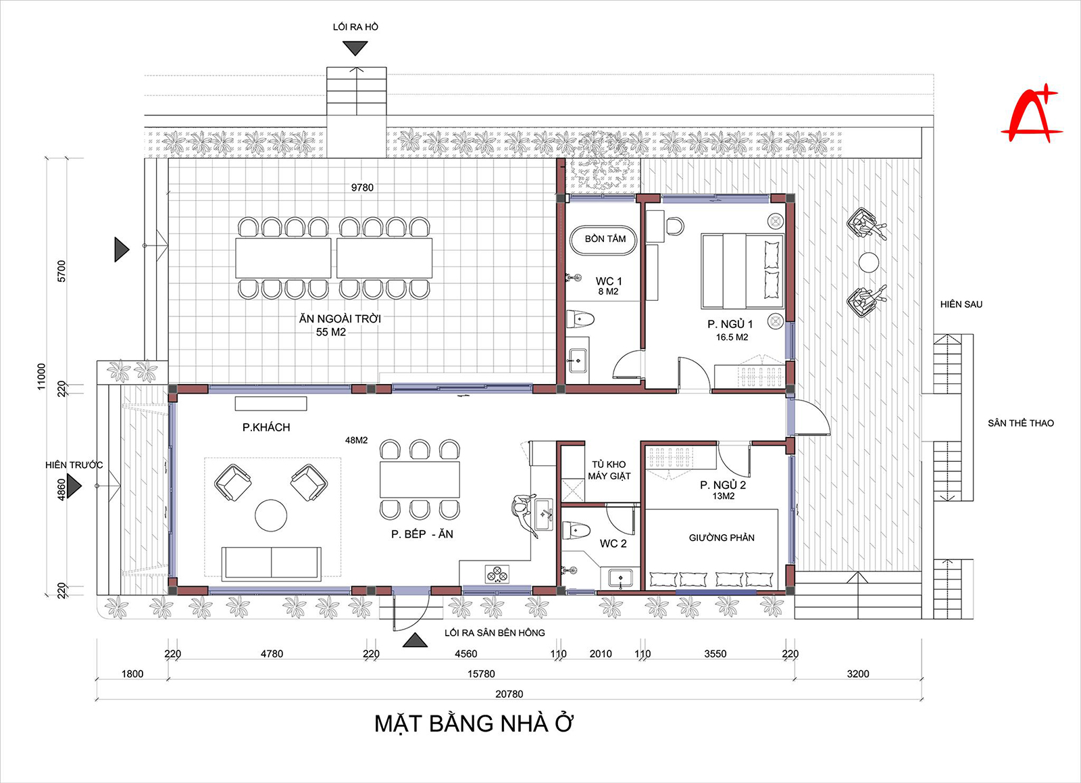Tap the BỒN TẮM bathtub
click(605, 239)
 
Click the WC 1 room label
click(609, 281)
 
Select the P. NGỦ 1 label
click(730, 325)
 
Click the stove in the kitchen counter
click(497, 575)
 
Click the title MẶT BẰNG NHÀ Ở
click(474, 723)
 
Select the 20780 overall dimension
click(509, 694)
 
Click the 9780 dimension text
click(362, 187)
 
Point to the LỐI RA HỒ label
click(355, 27)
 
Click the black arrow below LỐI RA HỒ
click(355, 48)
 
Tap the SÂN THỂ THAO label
click(1020, 423)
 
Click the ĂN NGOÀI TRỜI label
click(340, 318)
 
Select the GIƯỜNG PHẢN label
click(722, 538)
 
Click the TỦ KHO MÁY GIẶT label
click(609, 470)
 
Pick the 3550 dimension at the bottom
click(715, 654)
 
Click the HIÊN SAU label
click(961, 304)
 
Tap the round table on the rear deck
click(869, 262)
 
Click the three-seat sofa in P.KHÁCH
click(271, 563)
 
